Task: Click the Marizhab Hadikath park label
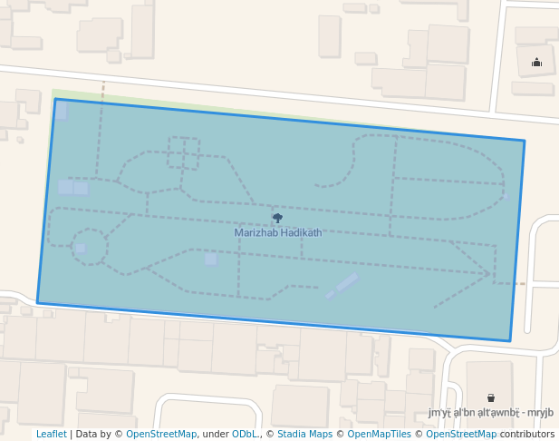(277, 232)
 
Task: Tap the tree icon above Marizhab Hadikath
(277, 218)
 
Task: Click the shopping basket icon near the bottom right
(490, 397)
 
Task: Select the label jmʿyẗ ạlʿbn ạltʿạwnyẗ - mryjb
(490, 412)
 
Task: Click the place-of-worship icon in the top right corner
(536, 63)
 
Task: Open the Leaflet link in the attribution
(51, 434)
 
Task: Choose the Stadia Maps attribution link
(304, 434)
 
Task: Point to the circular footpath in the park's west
(89, 246)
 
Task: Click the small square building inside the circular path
(80, 248)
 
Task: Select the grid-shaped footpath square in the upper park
(183, 152)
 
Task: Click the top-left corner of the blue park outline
(55, 100)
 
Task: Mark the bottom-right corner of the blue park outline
(509, 341)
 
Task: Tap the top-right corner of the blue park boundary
(524, 141)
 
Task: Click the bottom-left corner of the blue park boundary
(38, 301)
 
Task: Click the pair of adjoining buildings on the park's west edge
(72, 188)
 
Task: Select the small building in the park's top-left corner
(61, 111)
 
